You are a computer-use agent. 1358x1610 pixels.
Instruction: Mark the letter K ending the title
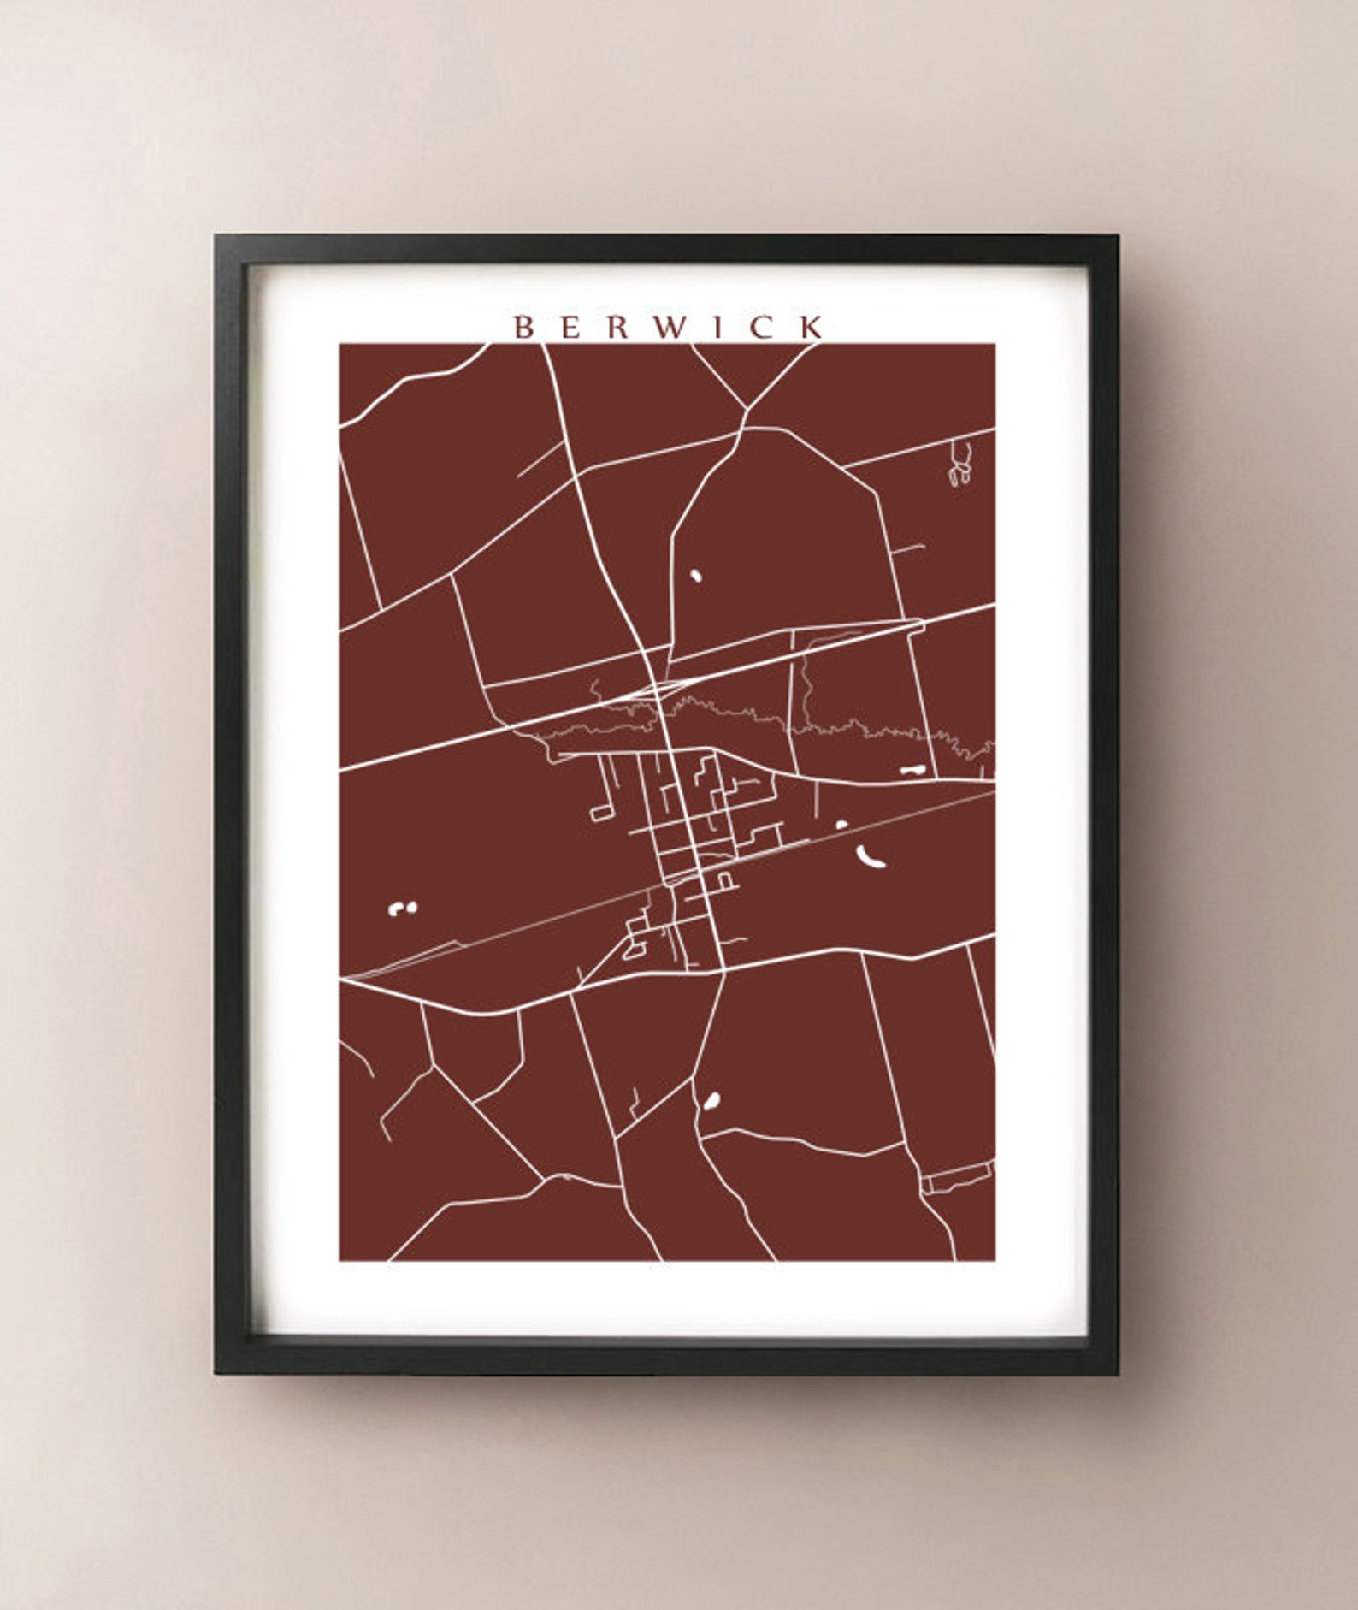pos(813,327)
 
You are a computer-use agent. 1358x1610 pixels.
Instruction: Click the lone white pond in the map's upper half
pos(696,576)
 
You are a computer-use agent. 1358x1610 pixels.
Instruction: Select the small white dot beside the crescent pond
pos(841,825)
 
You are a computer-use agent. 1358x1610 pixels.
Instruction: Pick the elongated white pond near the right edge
pos(912,770)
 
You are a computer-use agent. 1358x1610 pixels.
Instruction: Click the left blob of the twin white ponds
pos(396,909)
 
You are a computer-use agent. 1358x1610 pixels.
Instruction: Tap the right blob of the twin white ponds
pos(411,907)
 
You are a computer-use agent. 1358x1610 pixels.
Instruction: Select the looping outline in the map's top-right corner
pos(961,464)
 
